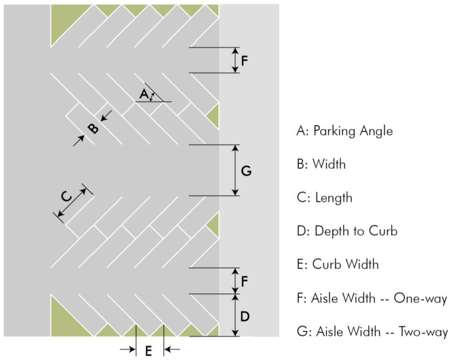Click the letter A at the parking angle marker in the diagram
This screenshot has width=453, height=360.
(x=144, y=94)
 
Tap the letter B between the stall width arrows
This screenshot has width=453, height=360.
(x=93, y=129)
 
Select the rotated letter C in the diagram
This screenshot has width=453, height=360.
(x=67, y=196)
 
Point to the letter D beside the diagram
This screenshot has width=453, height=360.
(x=245, y=316)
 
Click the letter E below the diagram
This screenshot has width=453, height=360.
(x=149, y=351)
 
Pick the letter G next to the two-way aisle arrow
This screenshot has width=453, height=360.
(x=246, y=171)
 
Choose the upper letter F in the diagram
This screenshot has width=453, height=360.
(x=245, y=61)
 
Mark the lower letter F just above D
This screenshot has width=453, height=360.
(x=245, y=281)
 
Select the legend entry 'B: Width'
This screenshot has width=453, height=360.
(x=321, y=164)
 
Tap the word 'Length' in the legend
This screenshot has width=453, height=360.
(x=334, y=198)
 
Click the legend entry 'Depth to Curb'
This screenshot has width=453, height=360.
(x=356, y=231)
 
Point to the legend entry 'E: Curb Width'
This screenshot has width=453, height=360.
(x=338, y=264)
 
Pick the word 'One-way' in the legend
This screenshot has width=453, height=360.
(x=420, y=299)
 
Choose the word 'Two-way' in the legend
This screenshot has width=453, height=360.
(x=423, y=332)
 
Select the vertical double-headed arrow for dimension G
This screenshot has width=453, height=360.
(x=236, y=170)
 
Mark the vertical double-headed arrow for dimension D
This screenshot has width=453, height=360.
(x=236, y=315)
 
